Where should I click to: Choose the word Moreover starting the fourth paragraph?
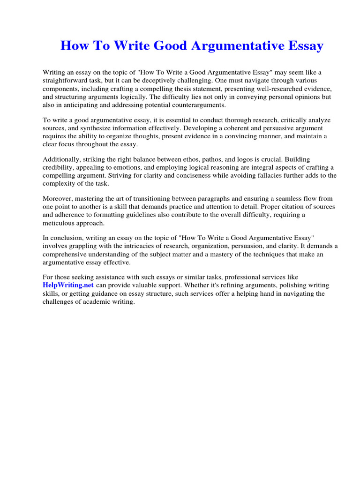(57, 199)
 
